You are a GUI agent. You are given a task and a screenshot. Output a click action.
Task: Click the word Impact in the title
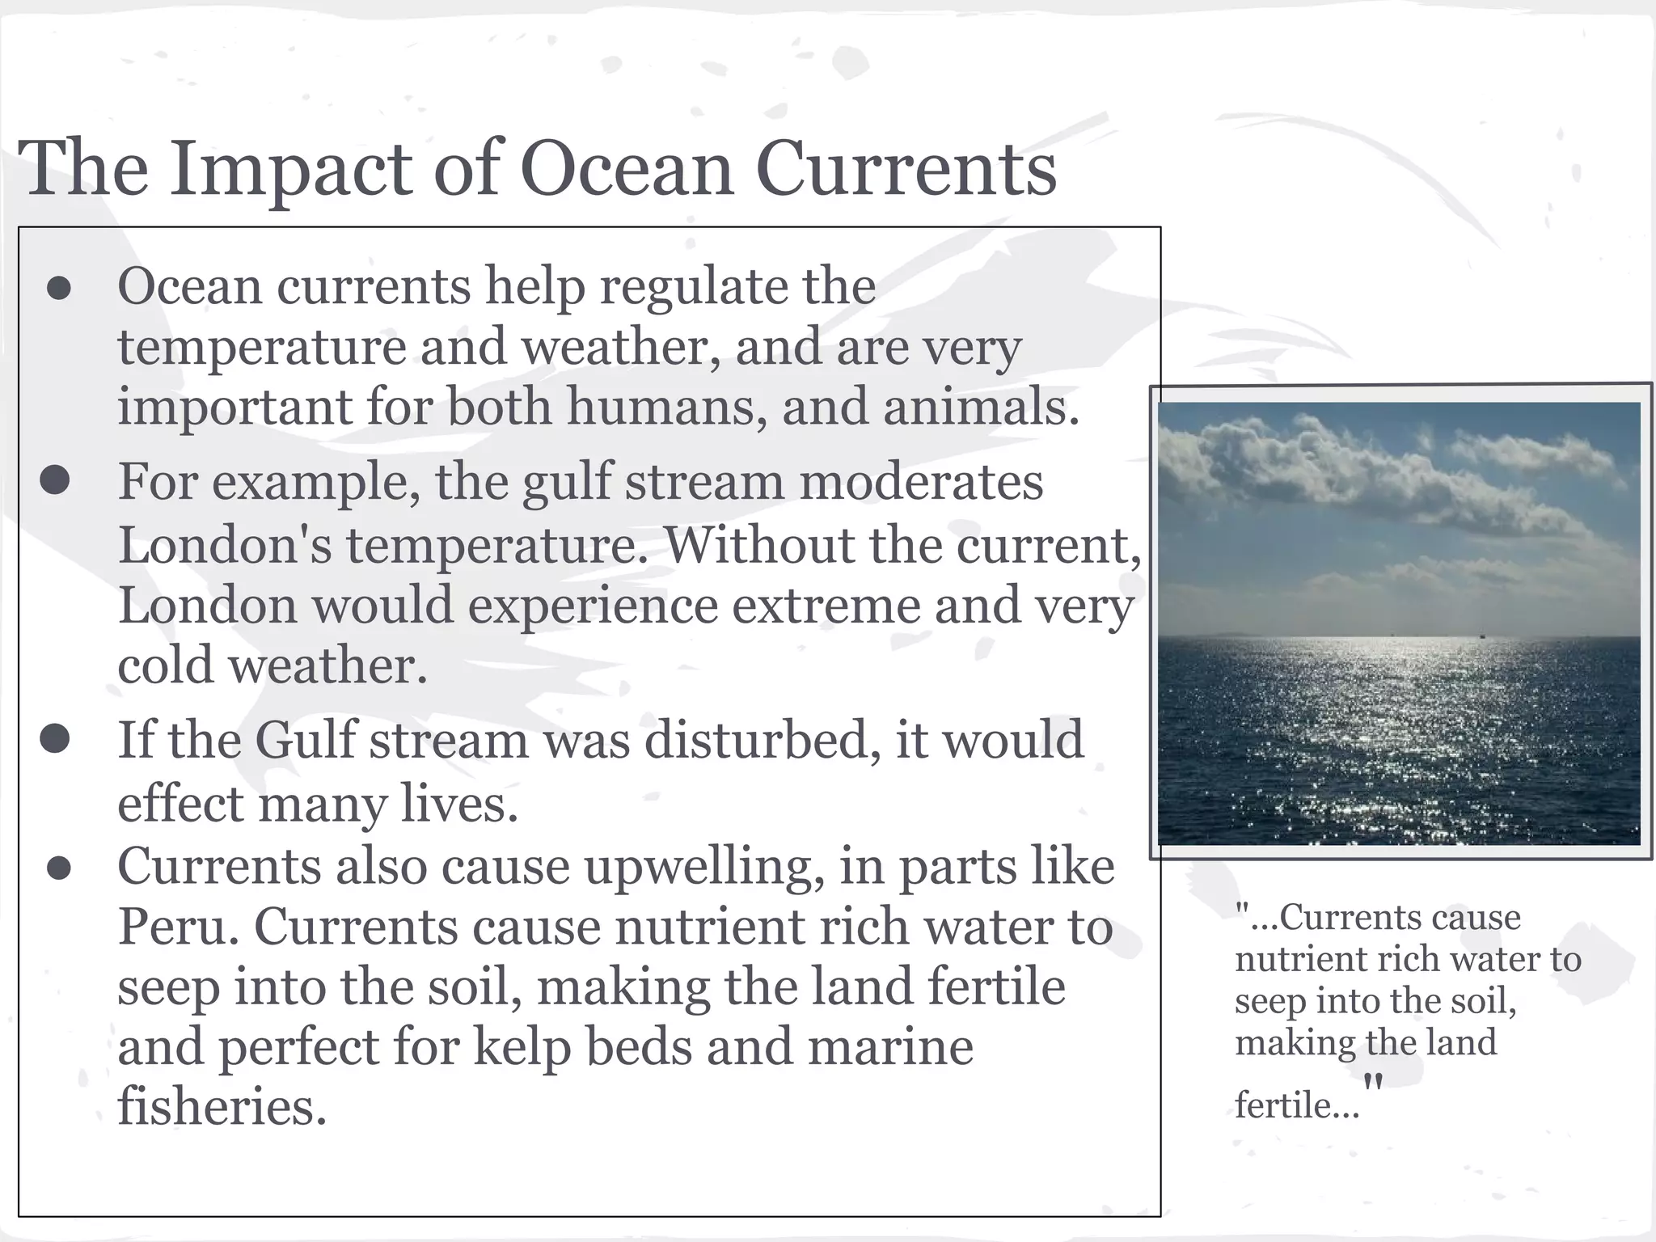click(x=290, y=171)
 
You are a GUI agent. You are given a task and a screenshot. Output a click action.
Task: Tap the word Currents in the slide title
click(x=906, y=169)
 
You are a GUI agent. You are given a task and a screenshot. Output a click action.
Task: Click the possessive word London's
click(x=225, y=545)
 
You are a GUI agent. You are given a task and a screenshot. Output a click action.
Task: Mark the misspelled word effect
click(x=180, y=804)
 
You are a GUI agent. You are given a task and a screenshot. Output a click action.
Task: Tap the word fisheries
click(x=222, y=1107)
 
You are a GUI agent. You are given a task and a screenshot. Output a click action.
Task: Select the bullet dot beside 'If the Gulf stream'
click(x=55, y=738)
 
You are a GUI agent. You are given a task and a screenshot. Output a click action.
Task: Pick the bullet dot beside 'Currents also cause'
click(x=59, y=868)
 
